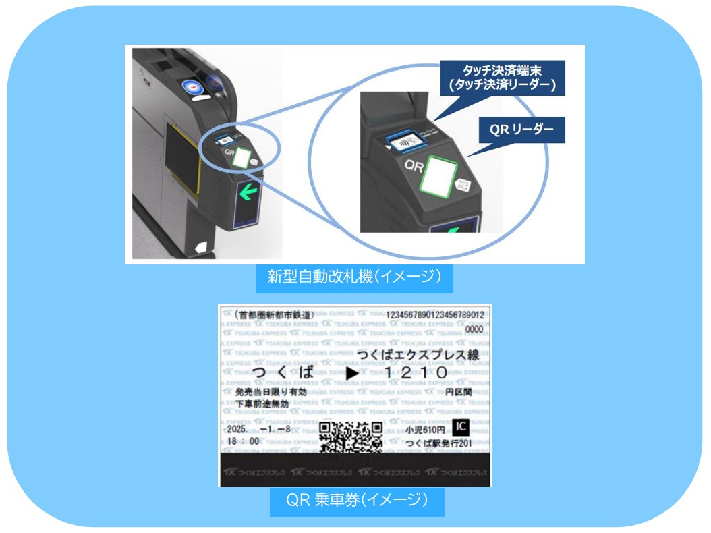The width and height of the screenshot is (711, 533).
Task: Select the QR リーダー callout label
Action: pos(521,130)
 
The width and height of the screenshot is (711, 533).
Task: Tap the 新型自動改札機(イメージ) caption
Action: pos(353,278)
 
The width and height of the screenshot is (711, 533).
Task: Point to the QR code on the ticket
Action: pos(351,436)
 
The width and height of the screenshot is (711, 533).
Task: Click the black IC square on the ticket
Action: pos(461,427)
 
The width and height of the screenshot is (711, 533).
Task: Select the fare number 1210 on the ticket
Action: pos(416,372)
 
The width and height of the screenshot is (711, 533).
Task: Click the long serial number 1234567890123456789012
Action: pos(435,315)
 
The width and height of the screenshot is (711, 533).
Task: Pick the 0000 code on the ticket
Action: pos(474,330)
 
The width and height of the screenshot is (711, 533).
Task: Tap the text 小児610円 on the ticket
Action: pos(426,429)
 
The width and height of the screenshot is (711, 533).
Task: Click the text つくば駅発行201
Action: pos(438,443)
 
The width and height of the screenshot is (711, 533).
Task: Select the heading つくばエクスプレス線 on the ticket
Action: pos(418,356)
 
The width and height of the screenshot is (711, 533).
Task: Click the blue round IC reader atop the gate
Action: pos(193,88)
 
